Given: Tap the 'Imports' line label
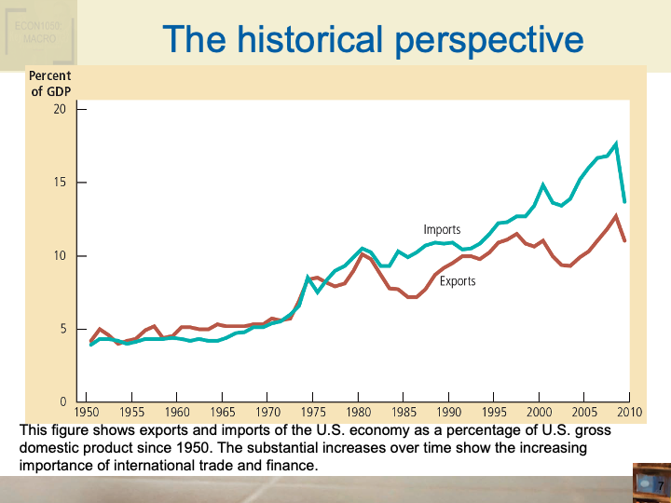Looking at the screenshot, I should [442, 229].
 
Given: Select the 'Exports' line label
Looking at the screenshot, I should [458, 280].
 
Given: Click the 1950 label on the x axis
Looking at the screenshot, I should [88, 412].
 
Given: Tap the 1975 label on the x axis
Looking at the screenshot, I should [313, 412].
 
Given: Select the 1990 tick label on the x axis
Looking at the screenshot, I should [448, 412].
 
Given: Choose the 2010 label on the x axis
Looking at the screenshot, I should [629, 412].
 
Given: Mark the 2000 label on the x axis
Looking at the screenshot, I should [539, 412].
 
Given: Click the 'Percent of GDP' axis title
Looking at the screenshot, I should [50, 83].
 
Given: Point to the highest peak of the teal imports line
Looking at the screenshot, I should [616, 144].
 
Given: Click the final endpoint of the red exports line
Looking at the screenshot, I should [624, 240].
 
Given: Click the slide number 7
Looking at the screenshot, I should [659, 486].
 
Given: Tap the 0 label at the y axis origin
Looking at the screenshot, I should [62, 401].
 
